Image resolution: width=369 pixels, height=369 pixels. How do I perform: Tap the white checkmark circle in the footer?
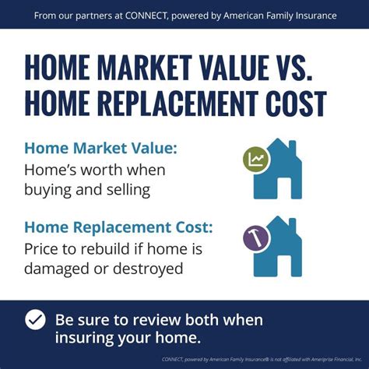coord(34,320)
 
